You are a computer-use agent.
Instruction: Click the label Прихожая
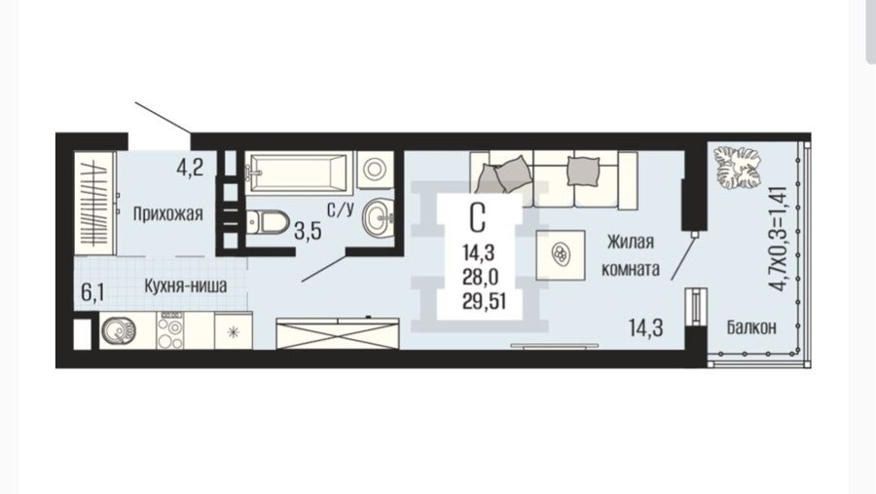coord(167,214)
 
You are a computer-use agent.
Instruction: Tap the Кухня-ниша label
coord(186,285)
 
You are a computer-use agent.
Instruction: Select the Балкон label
coord(751,326)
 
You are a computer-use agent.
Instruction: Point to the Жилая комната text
coord(630,255)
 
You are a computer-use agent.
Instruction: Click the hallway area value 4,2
coord(190,168)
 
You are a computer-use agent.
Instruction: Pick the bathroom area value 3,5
coord(308,231)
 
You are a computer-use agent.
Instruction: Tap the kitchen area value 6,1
coord(92,292)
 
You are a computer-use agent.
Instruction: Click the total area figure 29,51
coord(484,301)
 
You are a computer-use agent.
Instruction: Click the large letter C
coord(477,217)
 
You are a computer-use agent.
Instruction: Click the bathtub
coord(297,171)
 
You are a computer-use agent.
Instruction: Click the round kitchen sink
coord(119,330)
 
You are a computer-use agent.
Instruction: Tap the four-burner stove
coord(170,330)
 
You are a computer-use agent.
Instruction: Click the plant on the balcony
coord(738,168)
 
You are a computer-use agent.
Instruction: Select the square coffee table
coord(561,254)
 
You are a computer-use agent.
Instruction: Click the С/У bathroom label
coord(341,209)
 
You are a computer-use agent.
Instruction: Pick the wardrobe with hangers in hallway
coord(95,204)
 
